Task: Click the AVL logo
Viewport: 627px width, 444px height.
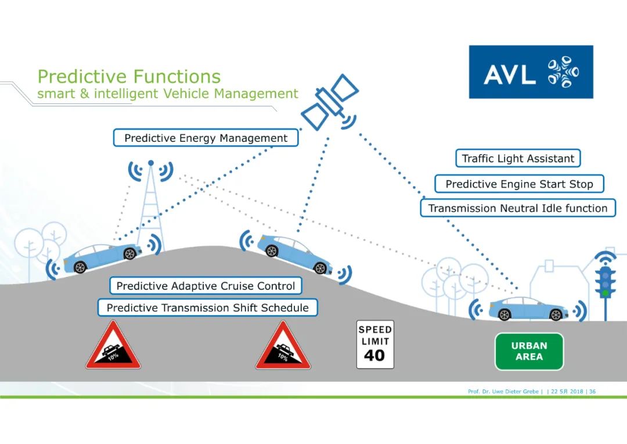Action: (x=531, y=72)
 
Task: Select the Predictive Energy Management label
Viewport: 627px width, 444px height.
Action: (x=206, y=138)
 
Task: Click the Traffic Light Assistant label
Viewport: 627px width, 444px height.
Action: (x=517, y=159)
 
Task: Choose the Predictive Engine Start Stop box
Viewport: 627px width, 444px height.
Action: (x=519, y=184)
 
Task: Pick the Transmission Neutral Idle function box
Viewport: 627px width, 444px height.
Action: (x=517, y=208)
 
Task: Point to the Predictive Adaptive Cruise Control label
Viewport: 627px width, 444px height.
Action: (x=206, y=286)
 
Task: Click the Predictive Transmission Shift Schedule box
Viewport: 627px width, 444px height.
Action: (x=207, y=308)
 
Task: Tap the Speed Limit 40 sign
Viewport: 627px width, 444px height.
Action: (x=374, y=345)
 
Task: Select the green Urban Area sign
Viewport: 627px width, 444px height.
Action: (x=529, y=351)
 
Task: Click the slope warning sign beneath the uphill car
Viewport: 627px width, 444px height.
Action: (x=113, y=348)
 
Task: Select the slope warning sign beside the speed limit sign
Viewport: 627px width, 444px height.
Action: (x=283, y=348)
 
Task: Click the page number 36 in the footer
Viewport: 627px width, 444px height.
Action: (x=592, y=392)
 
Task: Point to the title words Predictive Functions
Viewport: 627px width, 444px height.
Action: (x=129, y=77)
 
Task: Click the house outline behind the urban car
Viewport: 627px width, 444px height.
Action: (x=557, y=279)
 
